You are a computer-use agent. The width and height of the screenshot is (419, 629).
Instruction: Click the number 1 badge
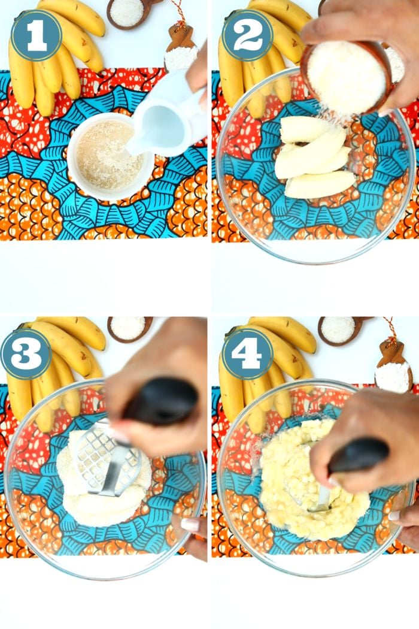[x=37, y=36]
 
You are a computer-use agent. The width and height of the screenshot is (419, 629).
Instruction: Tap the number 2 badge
[x=247, y=36]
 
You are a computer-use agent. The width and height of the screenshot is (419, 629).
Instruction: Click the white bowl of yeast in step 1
[x=110, y=156]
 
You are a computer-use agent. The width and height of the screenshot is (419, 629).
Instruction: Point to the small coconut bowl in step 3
[x=129, y=329]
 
